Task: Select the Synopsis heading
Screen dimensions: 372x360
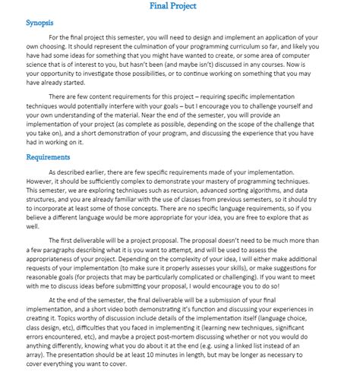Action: pyautogui.click(x=43, y=22)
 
